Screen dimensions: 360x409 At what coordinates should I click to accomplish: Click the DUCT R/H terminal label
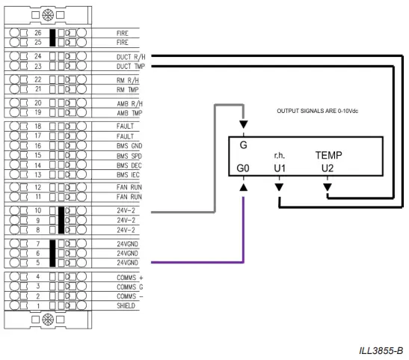point(131,55)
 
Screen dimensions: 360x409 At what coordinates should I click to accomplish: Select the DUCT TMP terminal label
point(131,66)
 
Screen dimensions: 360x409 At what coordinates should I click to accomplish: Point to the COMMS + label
point(129,276)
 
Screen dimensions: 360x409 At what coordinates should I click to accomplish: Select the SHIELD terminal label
point(126,306)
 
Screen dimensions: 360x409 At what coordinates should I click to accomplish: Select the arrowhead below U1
point(279,186)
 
